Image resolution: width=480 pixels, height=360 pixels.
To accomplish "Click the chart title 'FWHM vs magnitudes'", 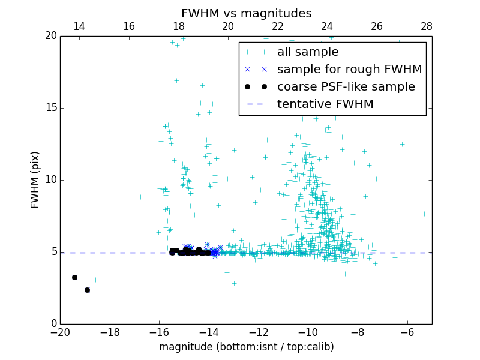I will (x=246, y=13).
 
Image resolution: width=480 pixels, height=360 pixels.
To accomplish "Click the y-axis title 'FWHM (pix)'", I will (x=35, y=180).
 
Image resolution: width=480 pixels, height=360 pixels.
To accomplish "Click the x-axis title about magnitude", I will (x=246, y=347).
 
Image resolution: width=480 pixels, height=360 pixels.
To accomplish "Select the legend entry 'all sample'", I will (x=307, y=52).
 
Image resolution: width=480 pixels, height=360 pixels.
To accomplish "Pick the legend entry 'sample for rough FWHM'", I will (x=349, y=70).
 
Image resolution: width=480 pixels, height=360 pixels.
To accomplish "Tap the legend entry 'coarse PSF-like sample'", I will (x=346, y=87).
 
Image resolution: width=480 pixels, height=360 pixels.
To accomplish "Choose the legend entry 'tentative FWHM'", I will (x=325, y=104).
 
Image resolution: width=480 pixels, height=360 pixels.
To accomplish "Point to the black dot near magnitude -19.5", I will (x=74, y=277).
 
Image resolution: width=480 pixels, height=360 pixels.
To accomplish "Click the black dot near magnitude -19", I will (x=87, y=290).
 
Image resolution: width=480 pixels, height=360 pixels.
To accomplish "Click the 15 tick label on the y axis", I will (x=50, y=108).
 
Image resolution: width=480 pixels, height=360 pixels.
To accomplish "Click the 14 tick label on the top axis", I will (x=79, y=26).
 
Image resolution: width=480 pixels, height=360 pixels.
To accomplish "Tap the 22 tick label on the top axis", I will (x=277, y=26).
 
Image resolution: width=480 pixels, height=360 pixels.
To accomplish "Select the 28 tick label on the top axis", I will (x=426, y=26).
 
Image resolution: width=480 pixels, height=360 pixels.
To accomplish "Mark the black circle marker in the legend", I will (x=256, y=87).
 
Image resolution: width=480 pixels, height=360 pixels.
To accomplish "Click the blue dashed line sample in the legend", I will (x=256, y=104).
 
